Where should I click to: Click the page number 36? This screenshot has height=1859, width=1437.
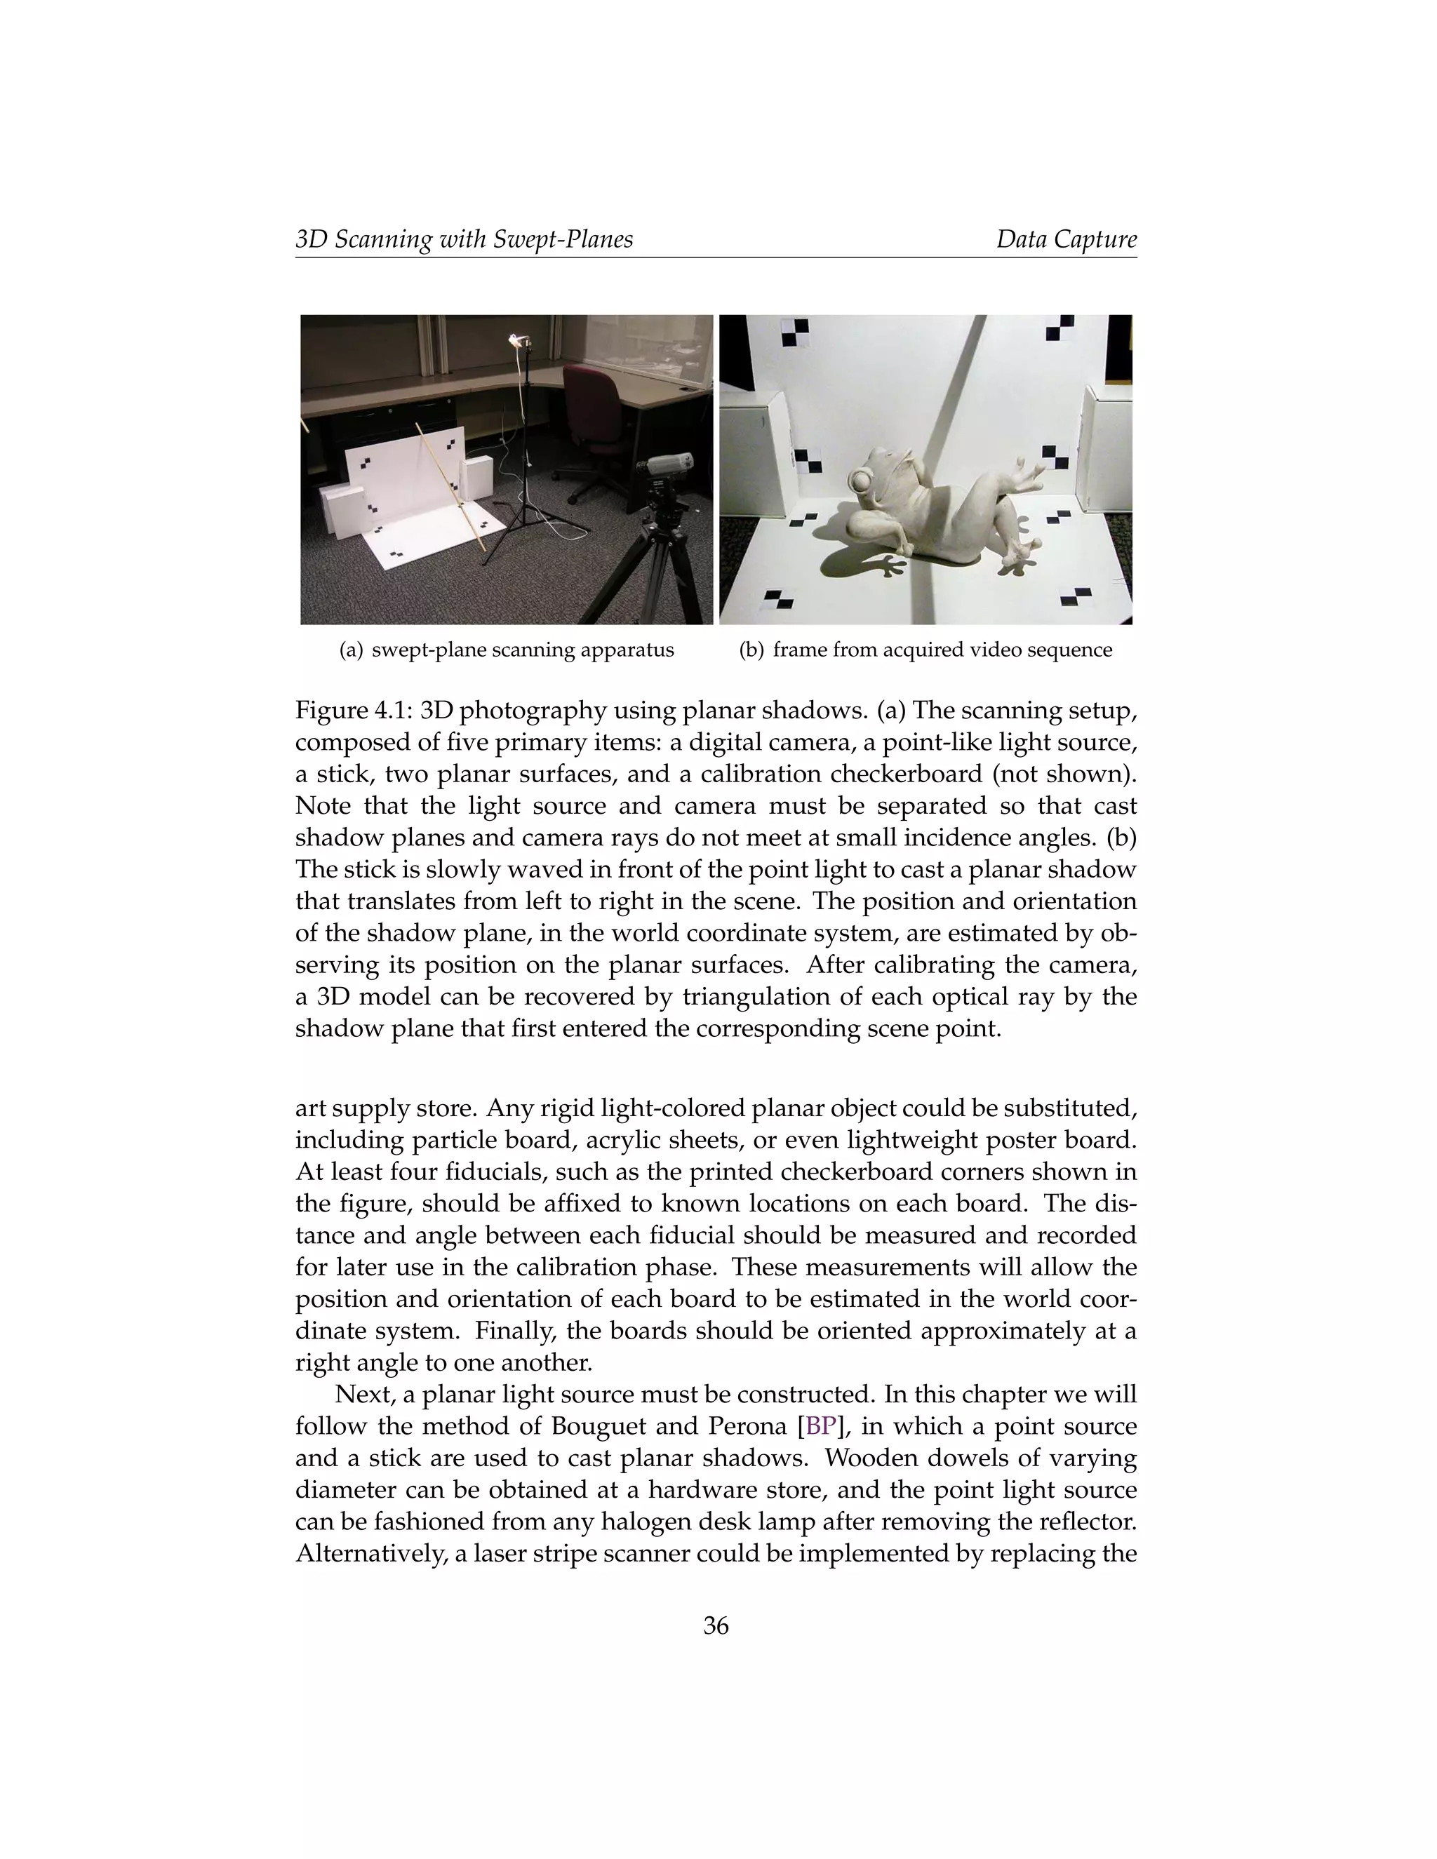tap(716, 1626)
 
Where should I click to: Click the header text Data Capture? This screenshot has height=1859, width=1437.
tap(1066, 239)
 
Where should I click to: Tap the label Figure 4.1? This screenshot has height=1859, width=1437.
tap(354, 711)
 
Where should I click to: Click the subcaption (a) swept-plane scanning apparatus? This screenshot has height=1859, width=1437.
tap(507, 650)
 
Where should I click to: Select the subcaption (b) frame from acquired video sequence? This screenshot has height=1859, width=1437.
tap(925, 650)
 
